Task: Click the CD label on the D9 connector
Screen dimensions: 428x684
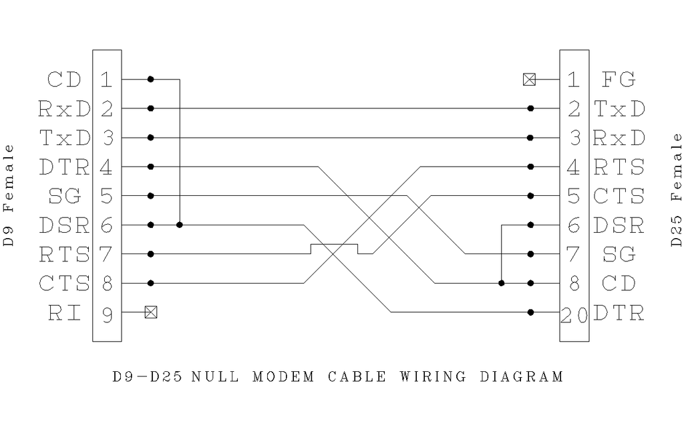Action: tap(64, 80)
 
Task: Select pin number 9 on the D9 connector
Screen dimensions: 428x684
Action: tap(107, 313)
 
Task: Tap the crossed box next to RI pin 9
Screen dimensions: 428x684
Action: tap(151, 312)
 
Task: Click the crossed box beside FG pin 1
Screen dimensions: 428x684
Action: tap(529, 80)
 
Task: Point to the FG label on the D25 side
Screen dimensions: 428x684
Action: tap(618, 80)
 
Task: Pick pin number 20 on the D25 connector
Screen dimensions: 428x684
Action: tap(574, 314)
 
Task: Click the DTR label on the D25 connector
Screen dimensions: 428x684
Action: tap(618, 313)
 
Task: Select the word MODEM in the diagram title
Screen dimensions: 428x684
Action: tap(283, 377)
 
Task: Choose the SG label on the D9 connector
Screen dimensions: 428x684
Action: tap(64, 197)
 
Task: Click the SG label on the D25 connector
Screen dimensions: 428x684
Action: tap(618, 255)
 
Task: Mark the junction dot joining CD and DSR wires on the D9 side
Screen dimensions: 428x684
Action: tap(179, 225)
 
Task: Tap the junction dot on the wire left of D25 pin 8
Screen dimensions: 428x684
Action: tap(501, 283)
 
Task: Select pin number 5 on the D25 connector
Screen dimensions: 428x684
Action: tap(574, 197)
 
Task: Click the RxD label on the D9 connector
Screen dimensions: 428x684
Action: tap(64, 108)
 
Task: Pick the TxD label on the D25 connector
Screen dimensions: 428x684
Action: tap(619, 108)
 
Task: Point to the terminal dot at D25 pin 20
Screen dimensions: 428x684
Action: tap(530, 312)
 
